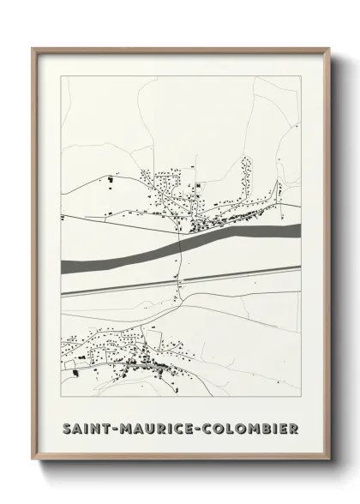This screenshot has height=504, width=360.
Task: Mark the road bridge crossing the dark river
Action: (181, 247)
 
